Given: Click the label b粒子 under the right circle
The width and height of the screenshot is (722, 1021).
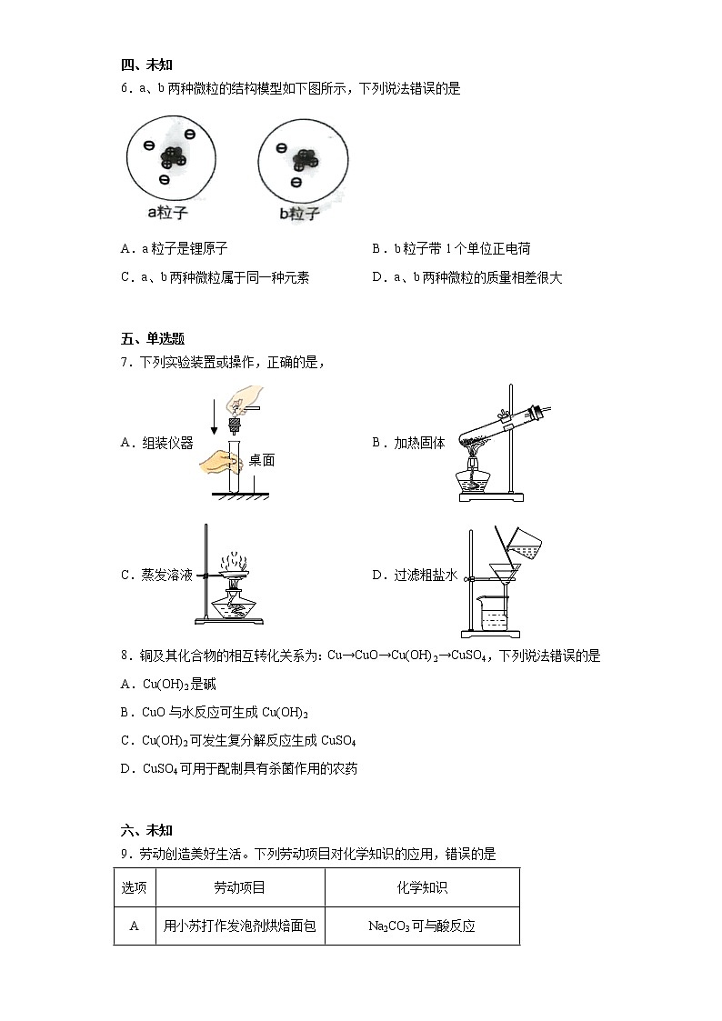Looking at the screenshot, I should click(x=299, y=215).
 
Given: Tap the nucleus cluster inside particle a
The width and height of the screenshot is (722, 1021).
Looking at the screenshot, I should click(x=172, y=156).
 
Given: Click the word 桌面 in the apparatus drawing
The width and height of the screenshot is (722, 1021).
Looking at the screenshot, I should click(x=261, y=461).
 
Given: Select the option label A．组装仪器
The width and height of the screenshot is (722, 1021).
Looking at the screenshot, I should click(x=156, y=443).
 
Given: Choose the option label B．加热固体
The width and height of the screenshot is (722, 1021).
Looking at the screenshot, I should click(x=408, y=443).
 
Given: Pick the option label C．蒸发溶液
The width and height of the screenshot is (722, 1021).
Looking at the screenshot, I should click(x=156, y=575).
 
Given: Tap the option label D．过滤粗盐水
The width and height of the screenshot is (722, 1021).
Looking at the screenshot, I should click(x=414, y=575).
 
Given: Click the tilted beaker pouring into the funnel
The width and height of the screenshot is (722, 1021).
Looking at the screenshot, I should click(x=522, y=542).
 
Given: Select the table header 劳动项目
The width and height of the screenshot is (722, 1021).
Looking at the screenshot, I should click(x=239, y=887).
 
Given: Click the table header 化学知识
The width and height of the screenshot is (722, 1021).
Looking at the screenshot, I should click(x=422, y=887).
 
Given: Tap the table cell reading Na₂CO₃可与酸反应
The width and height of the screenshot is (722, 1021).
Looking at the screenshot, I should click(x=422, y=926).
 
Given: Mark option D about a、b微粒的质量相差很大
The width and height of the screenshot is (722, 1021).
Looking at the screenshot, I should click(x=466, y=278).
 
